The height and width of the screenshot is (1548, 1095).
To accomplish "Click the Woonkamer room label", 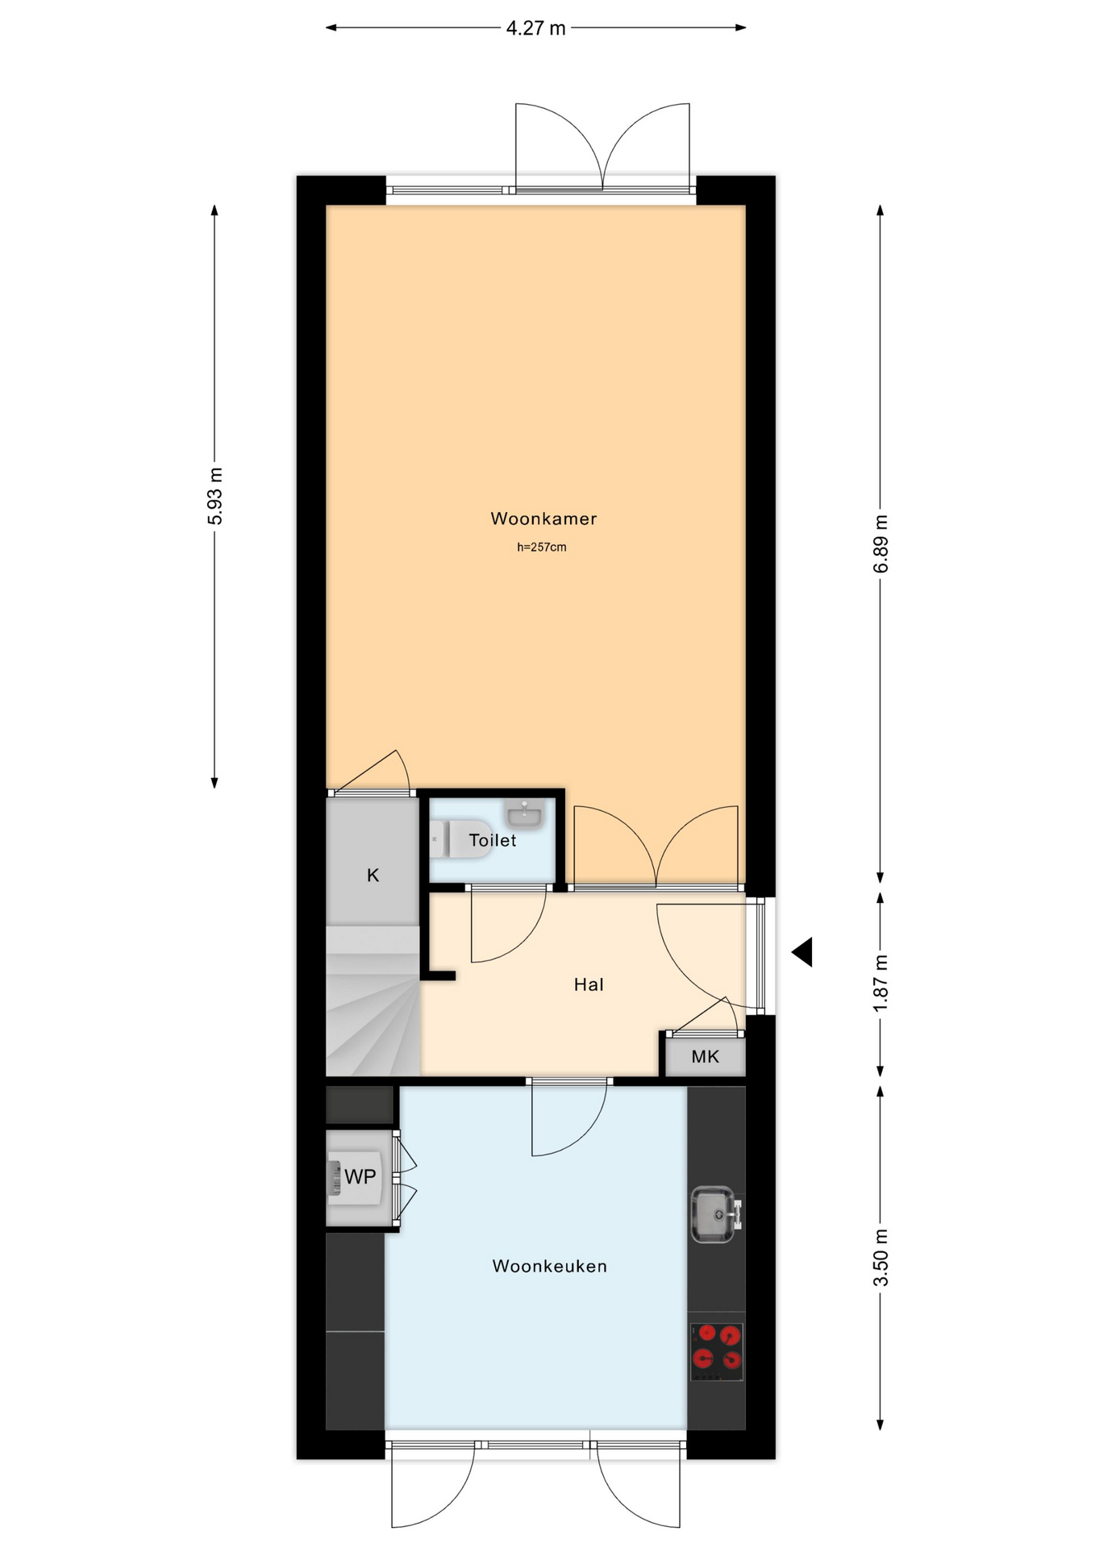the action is [543, 518].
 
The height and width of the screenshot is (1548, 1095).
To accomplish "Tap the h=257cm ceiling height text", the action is [542, 547].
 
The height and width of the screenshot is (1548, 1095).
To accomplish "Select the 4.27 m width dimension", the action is [535, 28].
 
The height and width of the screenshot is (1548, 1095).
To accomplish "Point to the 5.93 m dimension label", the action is [215, 496].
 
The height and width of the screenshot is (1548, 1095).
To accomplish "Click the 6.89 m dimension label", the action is [881, 544].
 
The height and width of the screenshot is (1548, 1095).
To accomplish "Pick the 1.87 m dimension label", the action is [881, 983].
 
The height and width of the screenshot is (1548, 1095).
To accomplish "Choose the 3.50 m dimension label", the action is [881, 1258].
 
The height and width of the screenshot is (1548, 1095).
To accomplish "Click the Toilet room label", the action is [493, 840].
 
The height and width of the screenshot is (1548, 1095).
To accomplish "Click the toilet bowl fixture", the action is [460, 839].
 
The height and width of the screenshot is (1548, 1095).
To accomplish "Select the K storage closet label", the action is [373, 875].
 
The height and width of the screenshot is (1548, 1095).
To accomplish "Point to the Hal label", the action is [589, 984].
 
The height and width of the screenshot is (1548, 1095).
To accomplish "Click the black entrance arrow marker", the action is [802, 952].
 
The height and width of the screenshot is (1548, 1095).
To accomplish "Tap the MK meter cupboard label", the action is [705, 1056].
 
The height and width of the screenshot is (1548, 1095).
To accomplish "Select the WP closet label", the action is [360, 1177].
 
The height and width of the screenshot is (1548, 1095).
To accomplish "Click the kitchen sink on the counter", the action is [715, 1214].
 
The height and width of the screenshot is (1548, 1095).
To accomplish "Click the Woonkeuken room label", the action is [550, 1266].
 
